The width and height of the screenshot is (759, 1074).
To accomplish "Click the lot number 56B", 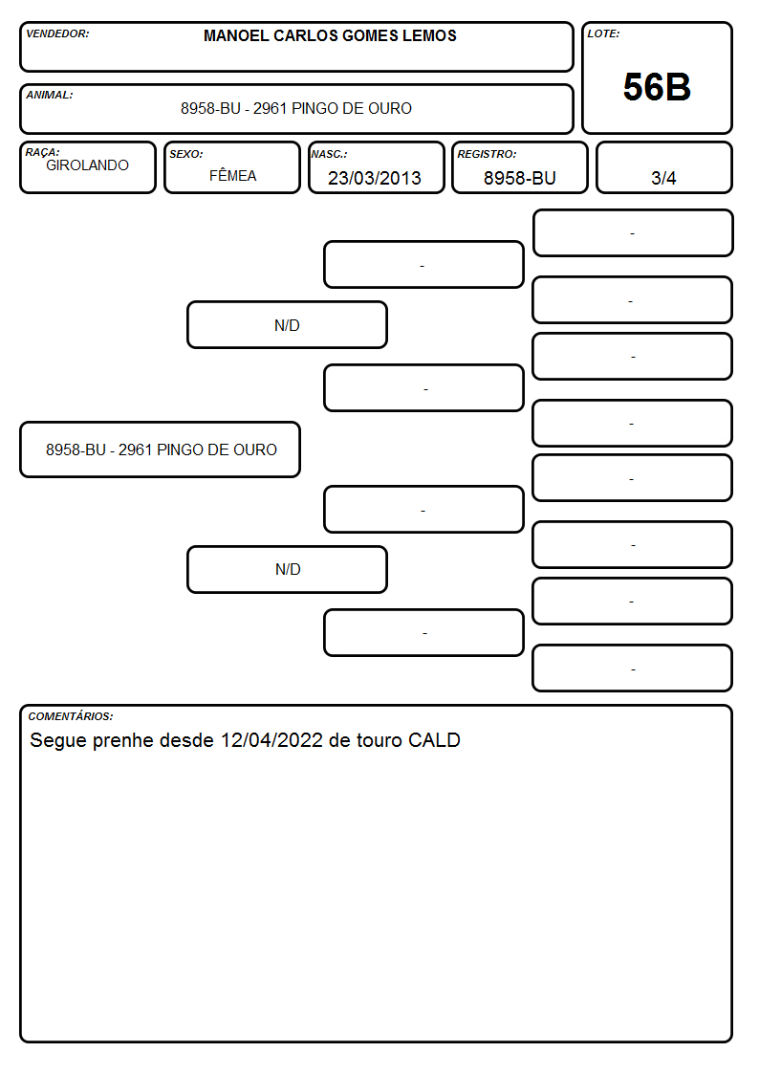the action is click(x=657, y=87).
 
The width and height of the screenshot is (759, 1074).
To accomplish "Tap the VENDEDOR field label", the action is click(x=57, y=33).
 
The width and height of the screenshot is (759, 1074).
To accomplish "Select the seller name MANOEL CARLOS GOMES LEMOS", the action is click(x=330, y=35).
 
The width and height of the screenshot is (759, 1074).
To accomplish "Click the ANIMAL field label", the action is click(x=50, y=95).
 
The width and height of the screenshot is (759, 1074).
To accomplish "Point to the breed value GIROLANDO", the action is click(x=87, y=165).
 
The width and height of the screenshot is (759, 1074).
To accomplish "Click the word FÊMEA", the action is click(x=232, y=175).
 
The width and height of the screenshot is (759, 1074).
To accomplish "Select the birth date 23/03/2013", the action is click(x=375, y=178).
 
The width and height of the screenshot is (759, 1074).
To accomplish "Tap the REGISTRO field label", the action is click(x=487, y=154).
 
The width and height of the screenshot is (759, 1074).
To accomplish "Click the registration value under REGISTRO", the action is click(x=519, y=178).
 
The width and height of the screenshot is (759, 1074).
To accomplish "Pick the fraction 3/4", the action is click(x=663, y=178).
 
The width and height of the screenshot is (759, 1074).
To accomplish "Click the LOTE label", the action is click(x=603, y=33).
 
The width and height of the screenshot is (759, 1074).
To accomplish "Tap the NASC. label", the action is click(x=329, y=154).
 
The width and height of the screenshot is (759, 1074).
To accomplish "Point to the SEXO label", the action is click(x=186, y=154).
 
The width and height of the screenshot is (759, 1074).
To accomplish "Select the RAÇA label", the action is click(x=42, y=152).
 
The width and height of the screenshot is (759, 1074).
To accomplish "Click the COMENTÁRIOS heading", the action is click(x=71, y=716).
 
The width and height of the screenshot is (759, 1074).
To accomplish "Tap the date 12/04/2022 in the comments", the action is click(x=271, y=740).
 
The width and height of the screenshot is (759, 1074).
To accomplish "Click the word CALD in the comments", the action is click(x=434, y=740).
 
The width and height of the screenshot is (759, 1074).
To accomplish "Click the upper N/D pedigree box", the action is click(x=287, y=324).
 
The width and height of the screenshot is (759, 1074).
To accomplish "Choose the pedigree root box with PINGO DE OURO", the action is click(x=161, y=449).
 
